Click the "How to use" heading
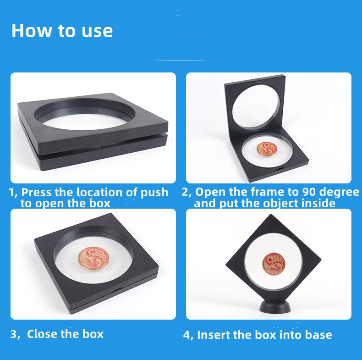62,31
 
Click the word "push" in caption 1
154,193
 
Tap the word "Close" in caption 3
42,334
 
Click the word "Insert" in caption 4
214,335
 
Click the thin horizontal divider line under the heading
181,61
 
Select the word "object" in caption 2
281,204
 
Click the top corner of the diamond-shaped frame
271,214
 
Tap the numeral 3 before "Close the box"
13,334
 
